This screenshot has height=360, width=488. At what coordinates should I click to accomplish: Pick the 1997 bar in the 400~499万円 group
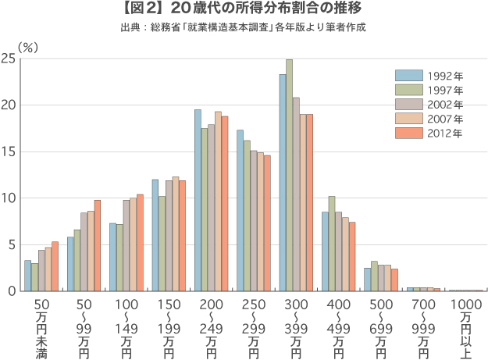click(x=332, y=243)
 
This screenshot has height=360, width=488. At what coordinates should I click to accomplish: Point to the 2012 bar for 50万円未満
click(x=55, y=266)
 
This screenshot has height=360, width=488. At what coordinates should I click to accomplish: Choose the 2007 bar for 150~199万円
click(x=175, y=233)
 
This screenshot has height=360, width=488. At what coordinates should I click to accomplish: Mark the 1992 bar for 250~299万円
click(x=240, y=210)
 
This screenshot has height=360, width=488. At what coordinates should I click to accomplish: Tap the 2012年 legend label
click(x=445, y=133)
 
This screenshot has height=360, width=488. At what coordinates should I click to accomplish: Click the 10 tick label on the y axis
click(x=9, y=198)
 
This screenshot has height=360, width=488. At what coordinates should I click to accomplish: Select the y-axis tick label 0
click(x=12, y=290)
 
